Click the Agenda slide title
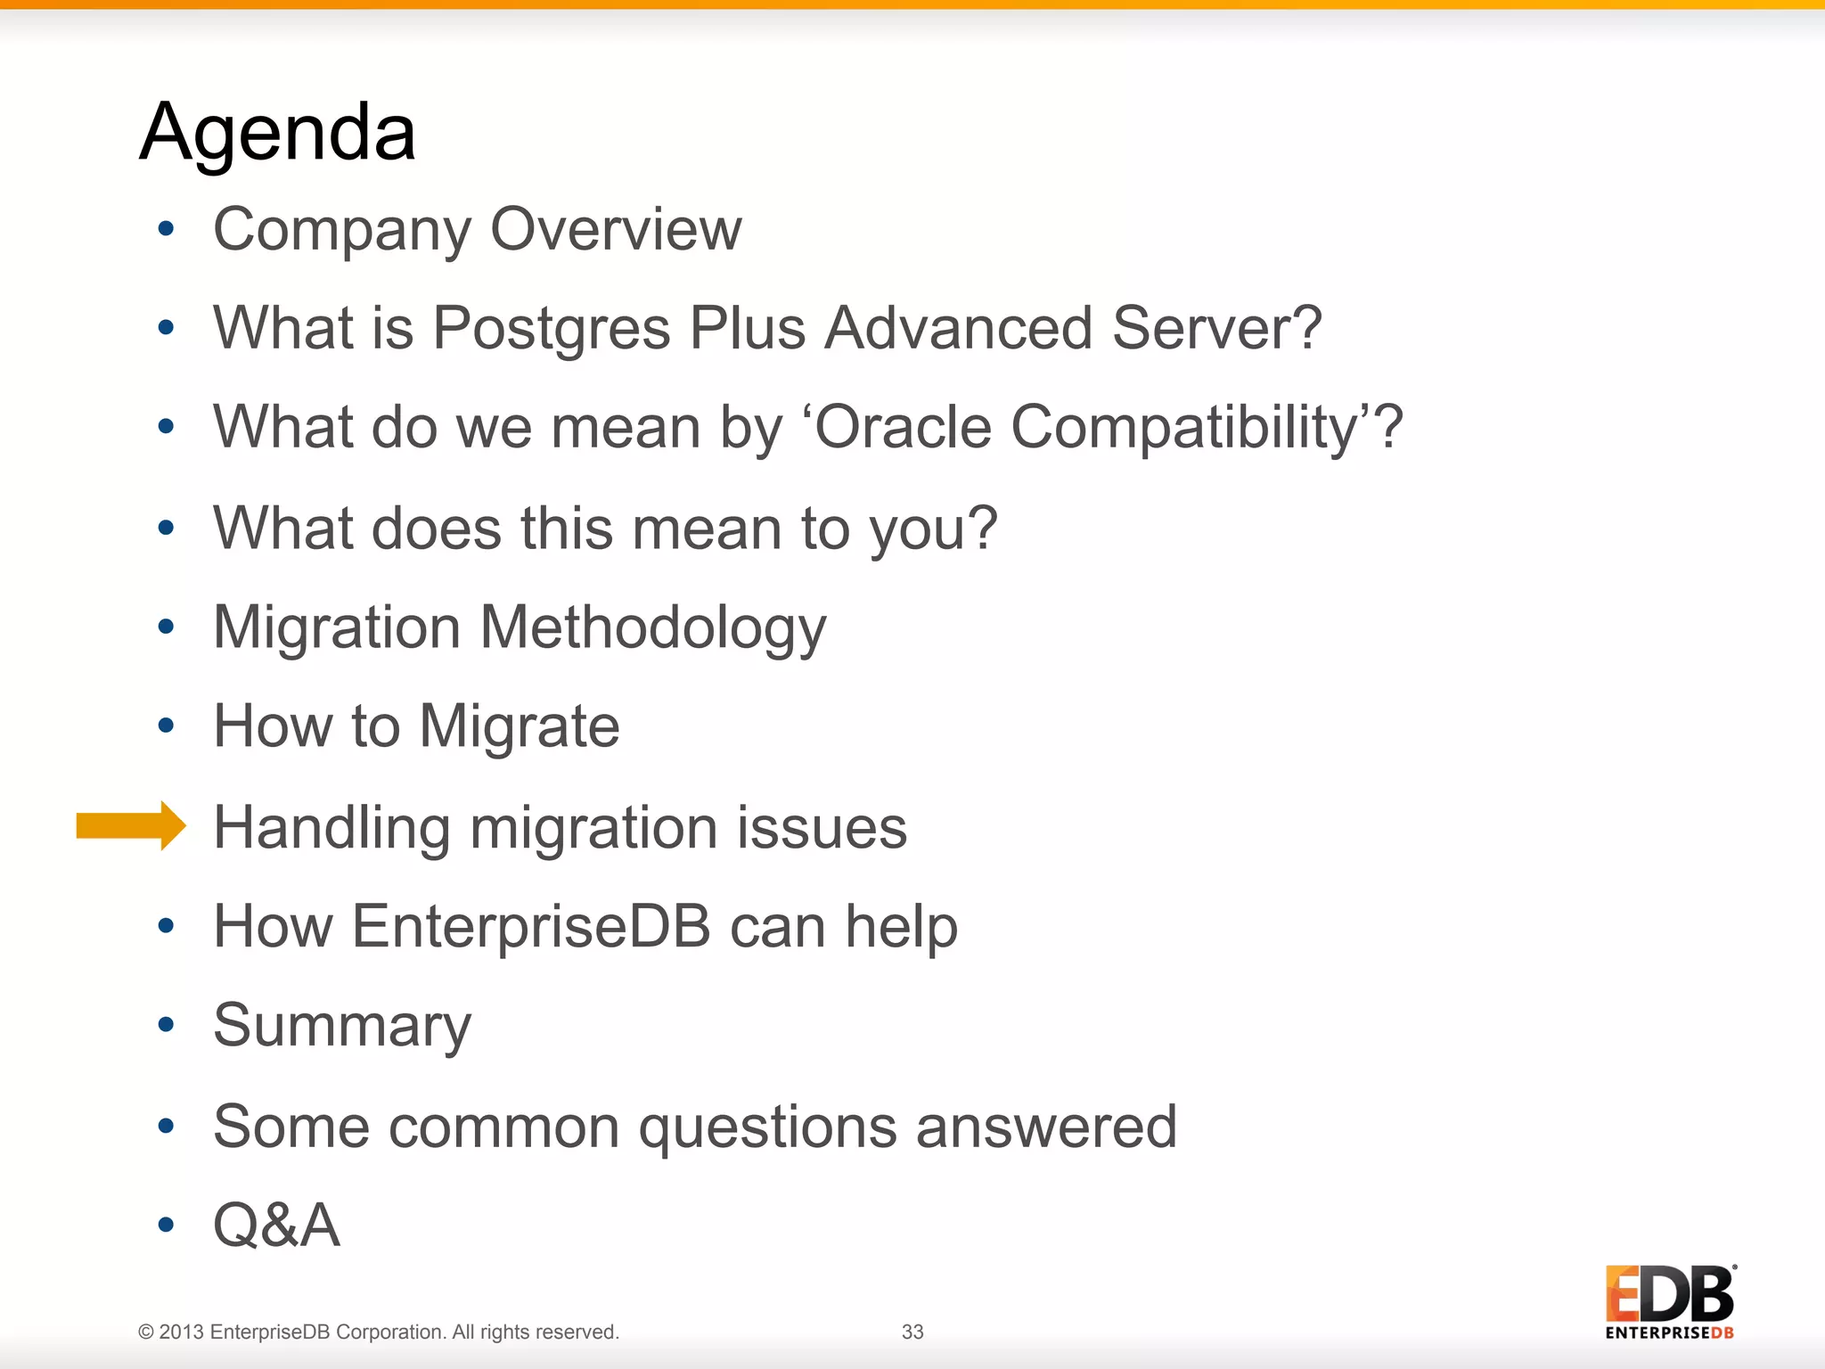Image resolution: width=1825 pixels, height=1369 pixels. pos(277,133)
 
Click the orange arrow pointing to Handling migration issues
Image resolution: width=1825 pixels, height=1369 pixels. pos(130,825)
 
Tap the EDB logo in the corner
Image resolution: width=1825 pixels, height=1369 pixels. pos(1669,1300)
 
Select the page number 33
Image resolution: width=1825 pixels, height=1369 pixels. pos(912,1332)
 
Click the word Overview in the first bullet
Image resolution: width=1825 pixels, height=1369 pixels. pos(616,230)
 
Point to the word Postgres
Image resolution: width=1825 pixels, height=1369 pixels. pos(551,328)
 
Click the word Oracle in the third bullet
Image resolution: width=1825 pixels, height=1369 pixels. pos(902,427)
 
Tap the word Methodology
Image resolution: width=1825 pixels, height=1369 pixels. pos(653,628)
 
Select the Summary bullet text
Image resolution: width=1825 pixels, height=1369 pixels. pos(342,1027)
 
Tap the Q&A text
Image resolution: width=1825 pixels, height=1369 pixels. pos(276,1226)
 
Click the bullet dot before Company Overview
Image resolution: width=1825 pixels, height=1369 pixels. pos(166,229)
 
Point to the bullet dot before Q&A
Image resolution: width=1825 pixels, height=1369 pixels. pos(166,1225)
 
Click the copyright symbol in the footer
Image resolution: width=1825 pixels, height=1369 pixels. pos(146,1332)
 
